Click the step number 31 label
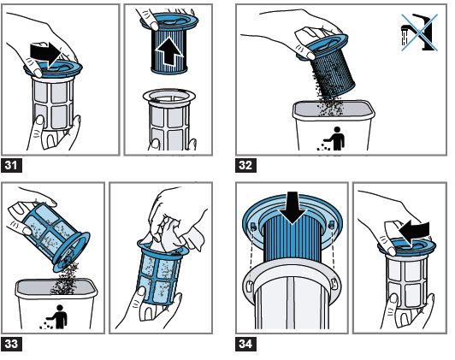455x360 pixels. point(11,165)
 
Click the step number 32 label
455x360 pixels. point(245,165)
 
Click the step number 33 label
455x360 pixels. point(11,344)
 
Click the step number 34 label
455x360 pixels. point(245,344)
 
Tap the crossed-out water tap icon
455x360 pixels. point(419,32)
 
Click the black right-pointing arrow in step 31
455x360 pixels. point(45,54)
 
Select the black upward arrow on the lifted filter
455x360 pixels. point(169,52)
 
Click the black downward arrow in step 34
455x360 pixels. point(292,207)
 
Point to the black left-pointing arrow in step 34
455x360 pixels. point(413,231)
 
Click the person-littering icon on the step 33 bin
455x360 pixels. point(55,316)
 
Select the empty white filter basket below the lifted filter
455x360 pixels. point(169,119)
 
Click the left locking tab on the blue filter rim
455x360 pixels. point(253,226)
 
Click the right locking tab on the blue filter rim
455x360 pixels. point(332,224)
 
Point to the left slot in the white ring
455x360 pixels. point(249,286)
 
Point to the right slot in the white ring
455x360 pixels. point(334,283)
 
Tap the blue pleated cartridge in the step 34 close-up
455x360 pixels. point(292,238)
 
